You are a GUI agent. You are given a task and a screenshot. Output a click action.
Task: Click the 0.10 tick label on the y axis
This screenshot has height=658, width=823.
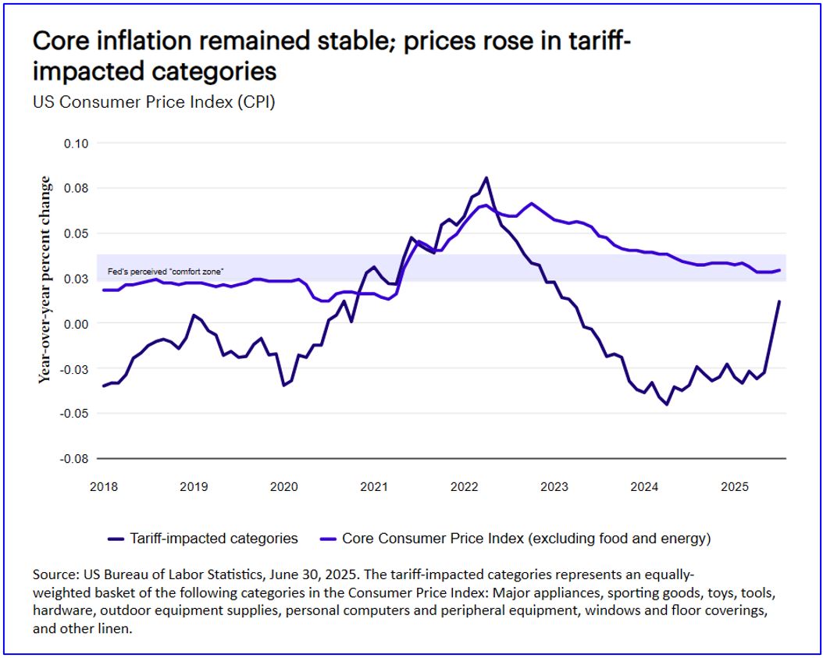[77, 144]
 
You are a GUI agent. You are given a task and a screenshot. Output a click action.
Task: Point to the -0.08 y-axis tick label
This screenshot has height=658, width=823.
[76, 459]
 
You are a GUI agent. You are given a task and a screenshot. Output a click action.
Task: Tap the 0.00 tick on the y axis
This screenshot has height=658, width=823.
[77, 324]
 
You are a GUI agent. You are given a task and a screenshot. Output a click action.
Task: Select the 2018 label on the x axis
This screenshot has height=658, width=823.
[104, 487]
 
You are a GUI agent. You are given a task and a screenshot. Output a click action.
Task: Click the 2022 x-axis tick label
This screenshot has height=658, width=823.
[464, 487]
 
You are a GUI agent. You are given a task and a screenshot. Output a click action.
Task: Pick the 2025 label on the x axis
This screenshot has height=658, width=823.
[735, 487]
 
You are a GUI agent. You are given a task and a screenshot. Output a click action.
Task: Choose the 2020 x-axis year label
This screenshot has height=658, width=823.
[284, 487]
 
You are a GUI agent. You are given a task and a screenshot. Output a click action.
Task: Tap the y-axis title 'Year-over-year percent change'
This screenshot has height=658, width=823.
[45, 279]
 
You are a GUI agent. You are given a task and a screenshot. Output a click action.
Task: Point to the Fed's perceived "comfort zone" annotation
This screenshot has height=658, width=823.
[166, 272]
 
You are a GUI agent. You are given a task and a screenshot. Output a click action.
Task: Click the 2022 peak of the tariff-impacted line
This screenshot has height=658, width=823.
[486, 178]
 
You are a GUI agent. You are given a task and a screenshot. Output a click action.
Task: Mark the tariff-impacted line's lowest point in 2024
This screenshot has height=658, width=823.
[667, 404]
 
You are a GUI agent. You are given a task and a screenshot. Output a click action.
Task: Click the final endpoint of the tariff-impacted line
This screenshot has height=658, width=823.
[779, 301]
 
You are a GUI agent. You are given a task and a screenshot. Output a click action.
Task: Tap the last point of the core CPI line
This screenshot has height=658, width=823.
[779, 270]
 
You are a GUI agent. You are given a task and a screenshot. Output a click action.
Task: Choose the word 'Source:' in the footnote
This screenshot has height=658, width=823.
[55, 574]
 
